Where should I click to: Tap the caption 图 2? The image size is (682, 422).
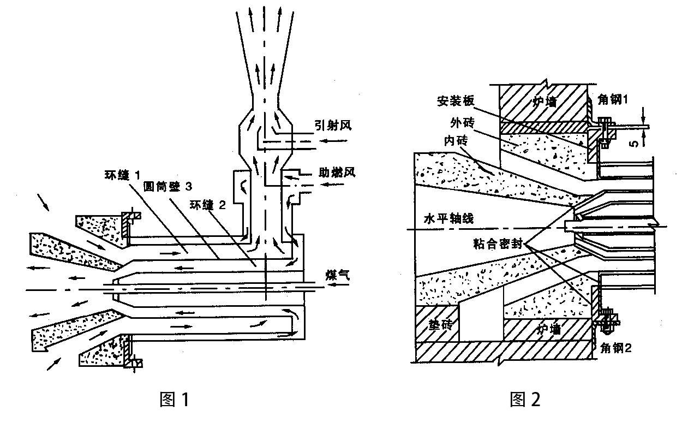coord(525,400)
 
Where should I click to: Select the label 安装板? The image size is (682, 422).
coord(456,102)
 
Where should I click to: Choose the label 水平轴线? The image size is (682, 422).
coord(449,218)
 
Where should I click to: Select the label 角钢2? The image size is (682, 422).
coord(615,347)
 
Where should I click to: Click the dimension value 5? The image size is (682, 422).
coord(633,144)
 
